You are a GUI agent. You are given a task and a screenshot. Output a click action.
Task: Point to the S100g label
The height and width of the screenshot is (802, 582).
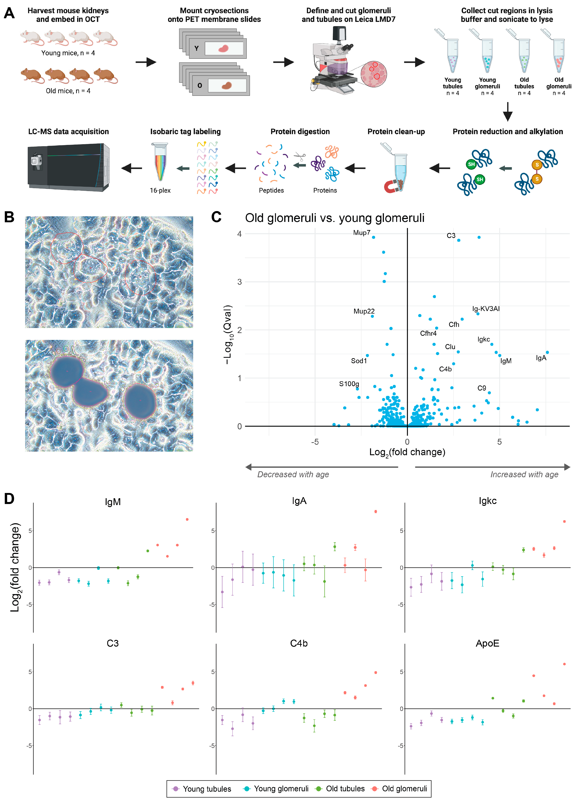click(349, 384)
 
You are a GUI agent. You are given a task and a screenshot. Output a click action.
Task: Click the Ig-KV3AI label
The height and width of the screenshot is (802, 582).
click(486, 309)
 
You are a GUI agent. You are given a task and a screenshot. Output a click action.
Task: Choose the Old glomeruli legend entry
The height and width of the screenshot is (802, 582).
click(400, 789)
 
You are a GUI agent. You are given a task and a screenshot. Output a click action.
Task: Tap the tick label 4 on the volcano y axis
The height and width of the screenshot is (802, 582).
click(239, 234)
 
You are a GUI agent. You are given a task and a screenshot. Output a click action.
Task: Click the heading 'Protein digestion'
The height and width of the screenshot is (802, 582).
click(300, 132)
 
